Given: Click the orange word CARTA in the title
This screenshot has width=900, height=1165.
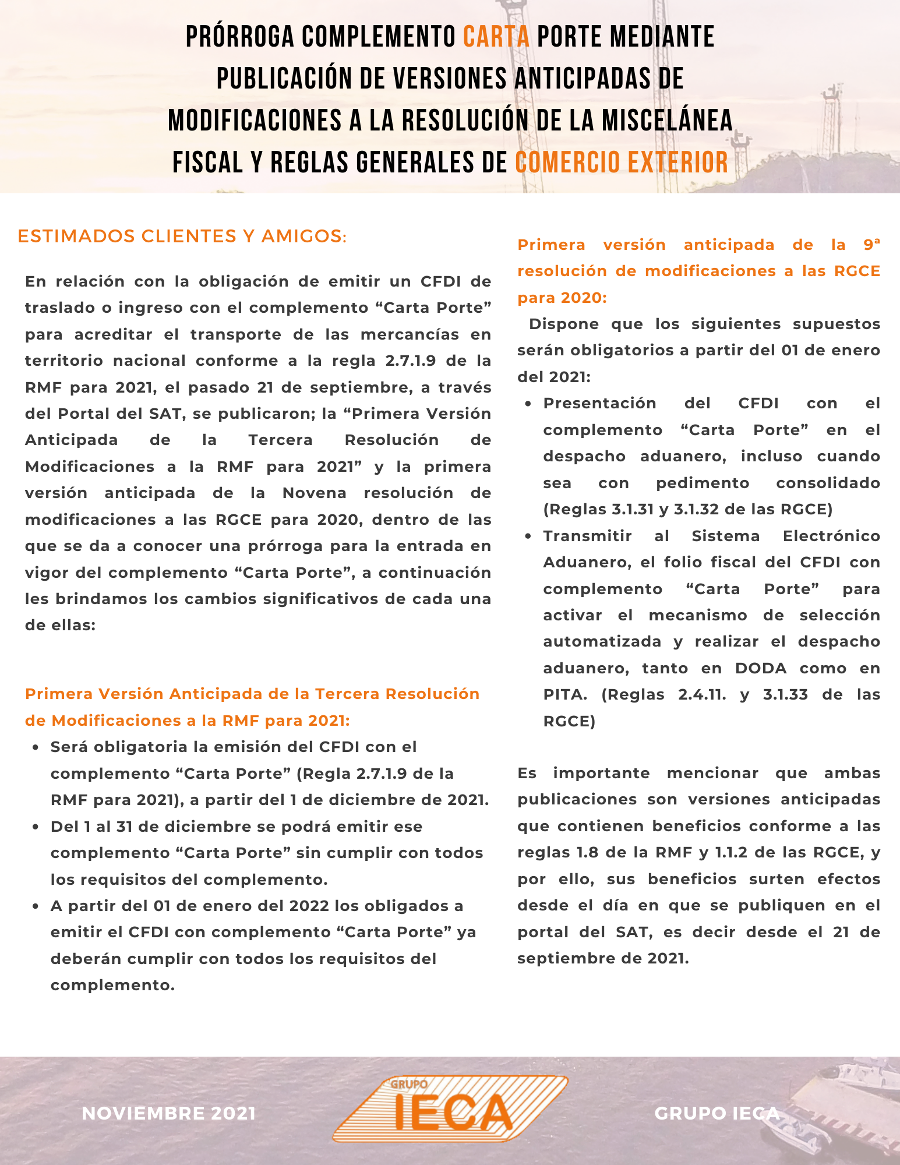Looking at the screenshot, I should tap(496, 37).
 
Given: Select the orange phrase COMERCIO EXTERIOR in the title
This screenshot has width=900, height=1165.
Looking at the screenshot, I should tap(622, 163).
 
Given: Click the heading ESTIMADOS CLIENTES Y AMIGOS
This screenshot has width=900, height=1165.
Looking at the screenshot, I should tap(182, 236).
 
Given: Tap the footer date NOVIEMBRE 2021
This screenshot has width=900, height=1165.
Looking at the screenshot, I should tap(169, 1113).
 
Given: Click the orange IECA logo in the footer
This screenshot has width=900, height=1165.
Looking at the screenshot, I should tap(450, 1108).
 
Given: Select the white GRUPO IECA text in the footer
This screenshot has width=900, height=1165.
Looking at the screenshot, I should tap(717, 1113).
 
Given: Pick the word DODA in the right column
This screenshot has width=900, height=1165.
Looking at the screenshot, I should tap(761, 668).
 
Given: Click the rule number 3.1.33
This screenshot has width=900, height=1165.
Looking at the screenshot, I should tap(785, 694).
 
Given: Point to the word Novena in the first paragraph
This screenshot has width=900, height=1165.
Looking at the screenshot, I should tap(315, 493).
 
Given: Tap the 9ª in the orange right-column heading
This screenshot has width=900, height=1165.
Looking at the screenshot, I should tap(871, 245).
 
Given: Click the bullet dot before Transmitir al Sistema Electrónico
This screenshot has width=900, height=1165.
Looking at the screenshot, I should tap(528, 536).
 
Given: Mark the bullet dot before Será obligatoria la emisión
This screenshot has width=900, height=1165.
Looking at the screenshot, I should tap(36, 747).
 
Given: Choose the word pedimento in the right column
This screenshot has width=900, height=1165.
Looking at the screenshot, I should tap(703, 483).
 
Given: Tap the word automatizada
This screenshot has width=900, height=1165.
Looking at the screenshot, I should tap(602, 641).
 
